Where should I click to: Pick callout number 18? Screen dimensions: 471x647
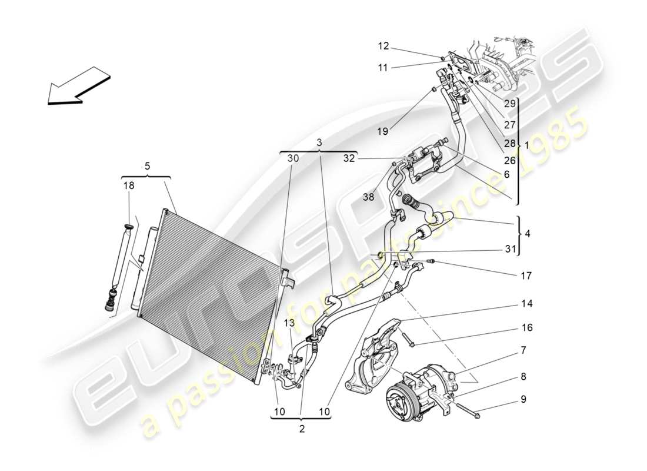coord(128,185)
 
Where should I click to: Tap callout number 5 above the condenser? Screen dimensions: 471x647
coord(147,166)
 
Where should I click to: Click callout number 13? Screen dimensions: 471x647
coord(289,322)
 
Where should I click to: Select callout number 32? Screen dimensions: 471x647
coord(351,158)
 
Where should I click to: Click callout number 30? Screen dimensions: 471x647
coord(293,158)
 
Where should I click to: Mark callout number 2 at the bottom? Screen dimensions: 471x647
coord(302,429)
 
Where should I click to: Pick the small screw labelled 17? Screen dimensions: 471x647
coord(431,261)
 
